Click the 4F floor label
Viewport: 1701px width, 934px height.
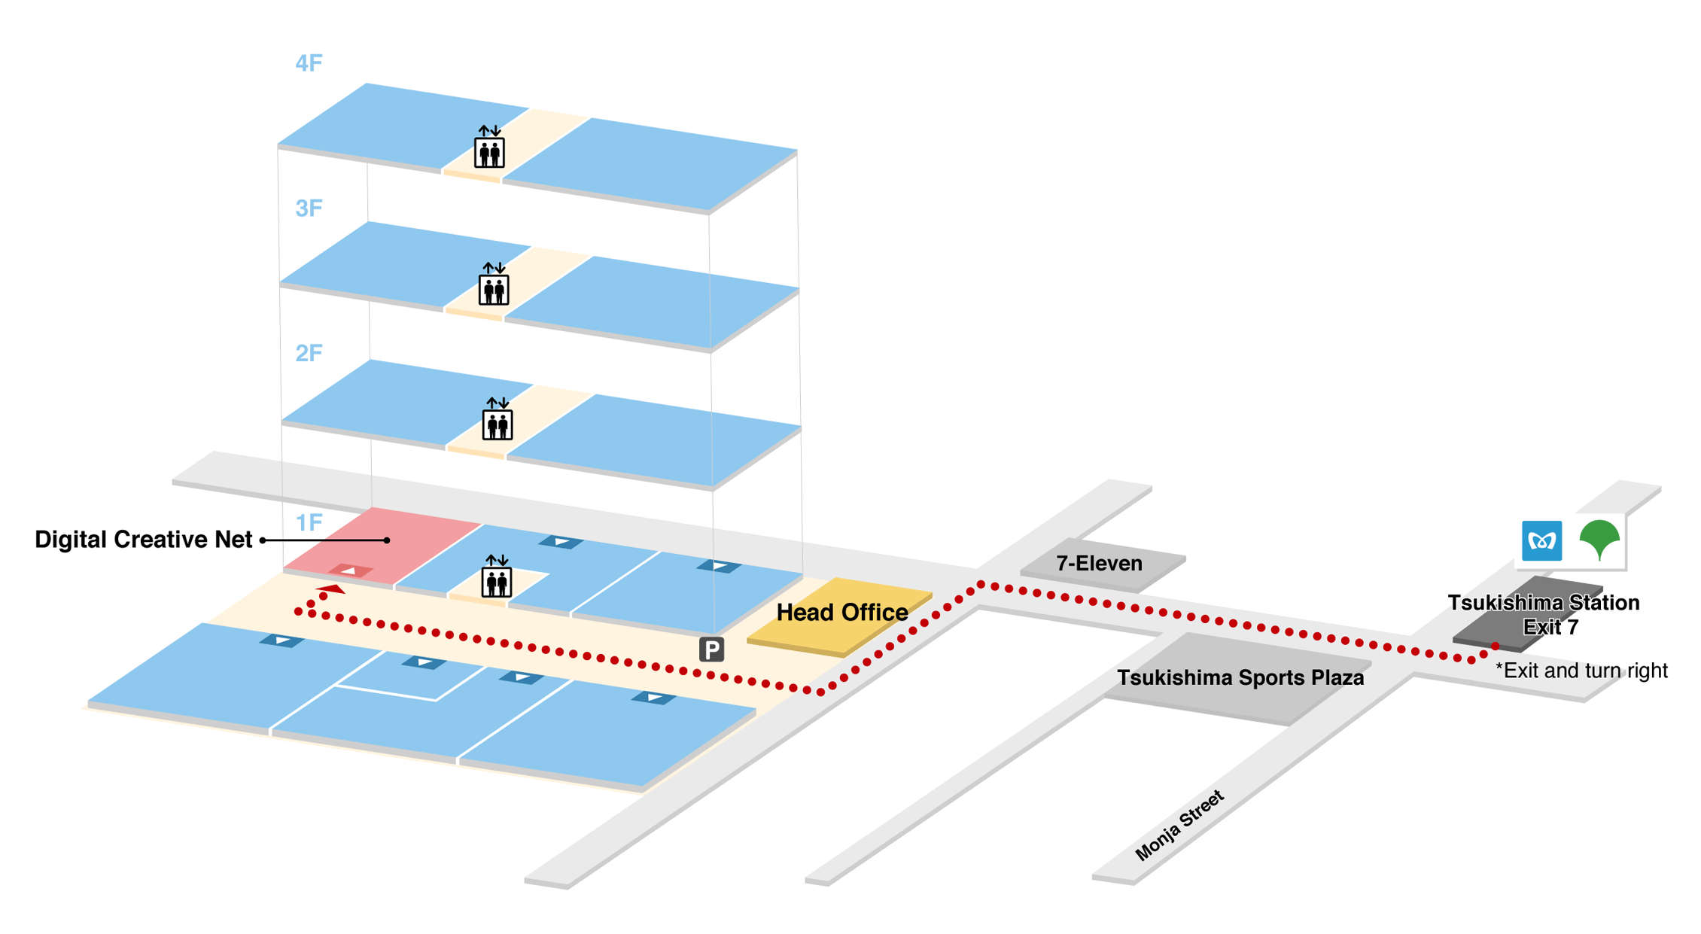tap(309, 63)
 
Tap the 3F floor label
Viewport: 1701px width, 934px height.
tap(309, 208)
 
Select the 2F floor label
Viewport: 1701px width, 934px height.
tap(309, 353)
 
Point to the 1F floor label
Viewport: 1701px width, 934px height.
tap(309, 522)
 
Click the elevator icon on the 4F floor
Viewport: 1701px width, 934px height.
tap(489, 148)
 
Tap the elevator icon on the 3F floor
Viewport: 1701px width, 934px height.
tap(494, 284)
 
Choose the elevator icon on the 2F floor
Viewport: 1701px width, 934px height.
tap(497, 419)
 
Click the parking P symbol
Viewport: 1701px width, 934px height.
tap(711, 649)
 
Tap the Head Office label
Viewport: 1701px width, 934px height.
tap(841, 613)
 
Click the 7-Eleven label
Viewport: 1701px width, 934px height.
tap(1099, 563)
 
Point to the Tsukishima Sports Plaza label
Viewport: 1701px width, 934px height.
tap(1240, 677)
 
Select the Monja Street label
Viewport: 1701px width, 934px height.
tap(1179, 825)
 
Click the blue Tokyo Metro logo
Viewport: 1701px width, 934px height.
tap(1541, 540)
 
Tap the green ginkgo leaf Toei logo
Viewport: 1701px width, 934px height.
tap(1599, 539)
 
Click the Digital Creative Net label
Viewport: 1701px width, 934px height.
tap(143, 540)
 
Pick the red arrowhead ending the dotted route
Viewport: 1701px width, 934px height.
tap(331, 589)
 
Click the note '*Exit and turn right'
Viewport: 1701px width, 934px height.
tap(1581, 671)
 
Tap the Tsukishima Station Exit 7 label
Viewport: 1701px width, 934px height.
tap(1543, 614)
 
